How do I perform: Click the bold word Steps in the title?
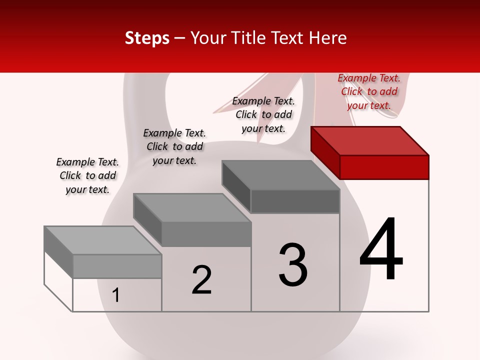(x=147, y=38)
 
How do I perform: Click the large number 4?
(x=381, y=249)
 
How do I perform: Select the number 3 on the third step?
(x=293, y=265)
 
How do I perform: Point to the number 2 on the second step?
(x=202, y=280)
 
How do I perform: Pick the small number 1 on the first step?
(x=116, y=295)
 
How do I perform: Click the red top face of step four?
(x=370, y=141)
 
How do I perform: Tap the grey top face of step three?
(x=281, y=175)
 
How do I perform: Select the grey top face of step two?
(x=192, y=208)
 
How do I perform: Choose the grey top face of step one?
(x=103, y=240)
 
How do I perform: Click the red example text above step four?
(x=369, y=91)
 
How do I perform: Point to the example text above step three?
(x=263, y=114)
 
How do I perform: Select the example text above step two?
(x=174, y=146)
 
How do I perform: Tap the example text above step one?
(x=87, y=175)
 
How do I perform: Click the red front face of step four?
(x=384, y=167)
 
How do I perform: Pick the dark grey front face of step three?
(x=295, y=201)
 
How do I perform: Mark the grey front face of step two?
(x=206, y=234)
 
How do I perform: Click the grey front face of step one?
(x=117, y=266)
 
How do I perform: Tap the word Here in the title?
(x=328, y=38)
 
